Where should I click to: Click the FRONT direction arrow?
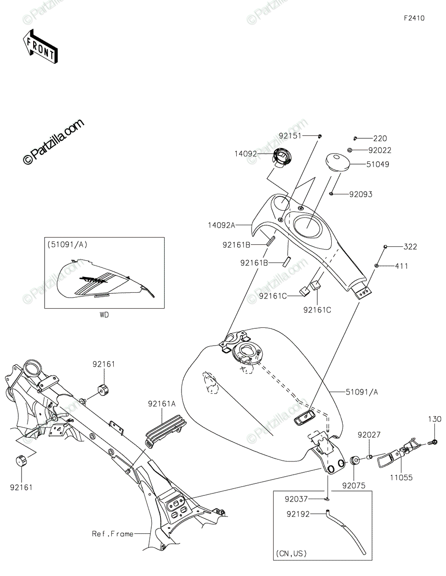40,47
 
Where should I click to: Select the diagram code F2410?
414,18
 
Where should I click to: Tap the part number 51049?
378,164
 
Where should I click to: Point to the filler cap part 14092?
282,158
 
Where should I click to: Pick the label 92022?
380,150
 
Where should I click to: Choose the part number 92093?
361,194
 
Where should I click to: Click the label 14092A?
221,225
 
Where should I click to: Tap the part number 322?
410,247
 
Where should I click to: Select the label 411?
401,266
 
